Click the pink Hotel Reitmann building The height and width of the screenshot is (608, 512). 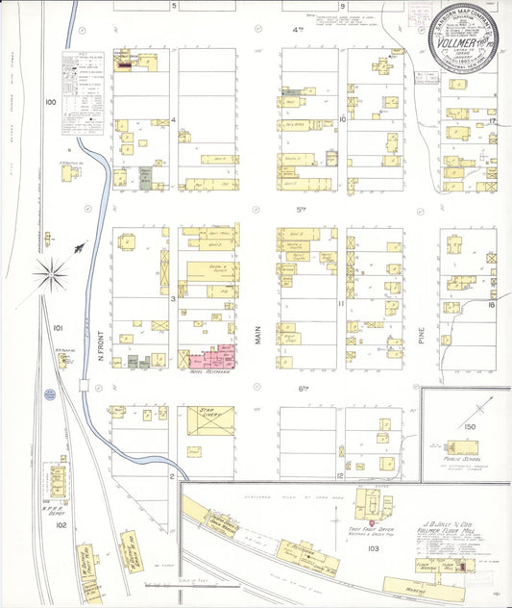point(214,359)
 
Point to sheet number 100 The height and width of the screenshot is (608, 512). point(50,101)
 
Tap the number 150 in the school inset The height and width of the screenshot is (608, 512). point(470,426)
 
